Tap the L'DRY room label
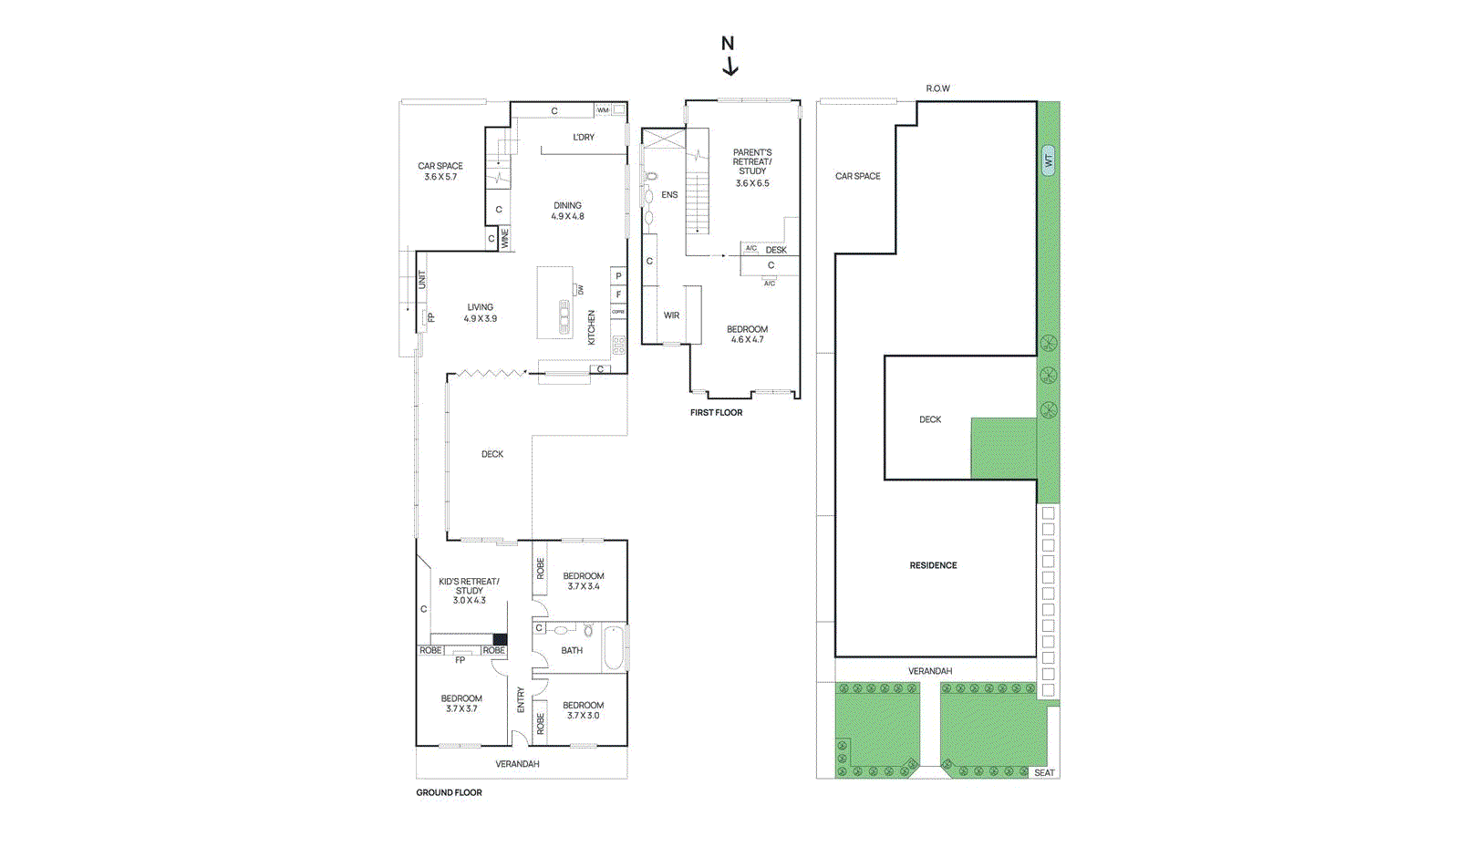click(x=584, y=137)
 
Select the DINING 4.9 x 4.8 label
click(x=567, y=211)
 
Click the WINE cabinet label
click(x=504, y=239)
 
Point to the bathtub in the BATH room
click(x=614, y=648)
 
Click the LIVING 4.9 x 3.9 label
click(x=481, y=313)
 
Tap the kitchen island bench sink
click(x=564, y=316)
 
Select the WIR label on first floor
click(x=671, y=315)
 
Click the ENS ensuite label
click(x=669, y=194)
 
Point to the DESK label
click(x=776, y=250)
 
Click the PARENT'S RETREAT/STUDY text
click(x=752, y=162)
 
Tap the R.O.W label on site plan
click(x=937, y=88)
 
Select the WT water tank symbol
click(x=1048, y=160)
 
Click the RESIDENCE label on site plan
click(x=933, y=565)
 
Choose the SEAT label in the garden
click(x=1044, y=773)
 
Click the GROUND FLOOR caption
click(x=449, y=792)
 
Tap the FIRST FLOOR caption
click(x=716, y=412)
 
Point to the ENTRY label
click(x=521, y=699)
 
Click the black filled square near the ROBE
click(x=499, y=639)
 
